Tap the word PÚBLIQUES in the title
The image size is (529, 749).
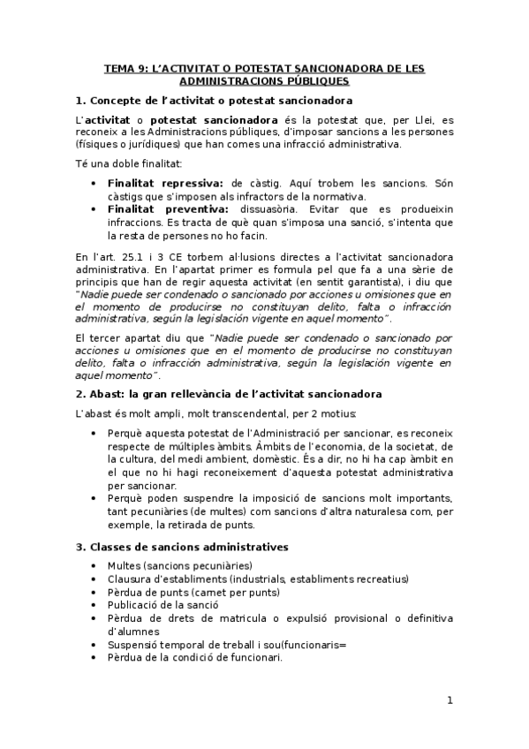[314, 80]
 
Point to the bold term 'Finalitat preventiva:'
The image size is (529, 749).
[168, 209]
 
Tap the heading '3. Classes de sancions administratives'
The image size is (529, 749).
[182, 547]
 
